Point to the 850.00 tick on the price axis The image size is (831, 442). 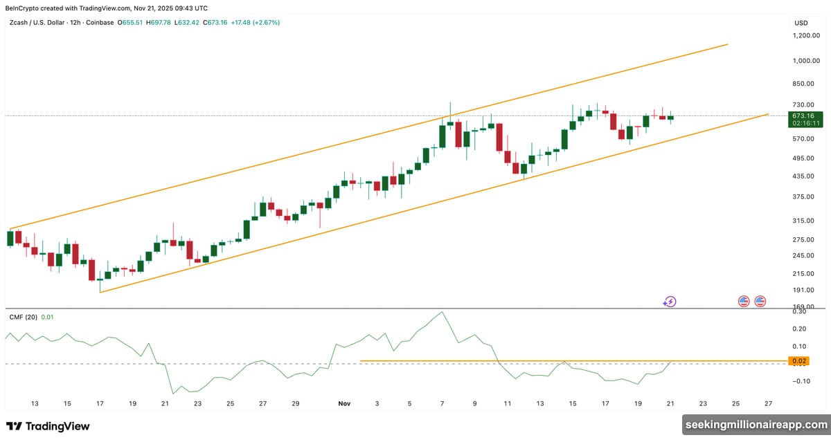tap(804, 84)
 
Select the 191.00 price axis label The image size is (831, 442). tap(804, 291)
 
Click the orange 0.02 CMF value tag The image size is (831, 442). tap(798, 361)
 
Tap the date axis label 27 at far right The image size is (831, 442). tap(767, 403)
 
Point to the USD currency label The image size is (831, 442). tap(801, 23)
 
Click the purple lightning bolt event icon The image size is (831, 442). tap(670, 301)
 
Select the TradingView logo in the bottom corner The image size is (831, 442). tap(48, 426)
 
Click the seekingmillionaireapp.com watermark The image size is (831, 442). tap(756, 424)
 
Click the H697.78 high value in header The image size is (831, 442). tap(159, 22)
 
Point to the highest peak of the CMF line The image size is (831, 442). tap(441, 312)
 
